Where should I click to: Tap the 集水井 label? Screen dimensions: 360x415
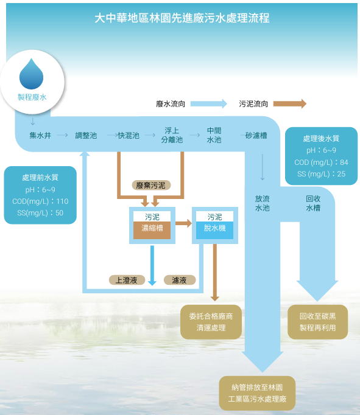40,136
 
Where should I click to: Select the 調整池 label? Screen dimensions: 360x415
86,136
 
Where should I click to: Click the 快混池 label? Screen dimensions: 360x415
129,136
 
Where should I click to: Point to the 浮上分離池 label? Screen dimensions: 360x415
172,135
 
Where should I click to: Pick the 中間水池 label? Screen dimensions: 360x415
214,135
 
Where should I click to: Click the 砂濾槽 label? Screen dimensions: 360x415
256,136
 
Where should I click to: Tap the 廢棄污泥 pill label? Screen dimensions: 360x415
151,185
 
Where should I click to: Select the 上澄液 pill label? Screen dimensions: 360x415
127,280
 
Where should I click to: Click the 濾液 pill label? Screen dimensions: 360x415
180,280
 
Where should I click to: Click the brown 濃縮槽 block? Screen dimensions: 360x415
152,230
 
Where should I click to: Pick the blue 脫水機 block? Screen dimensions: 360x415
214,230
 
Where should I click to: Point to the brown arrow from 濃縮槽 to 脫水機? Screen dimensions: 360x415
183,223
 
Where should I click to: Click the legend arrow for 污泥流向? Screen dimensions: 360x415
290,103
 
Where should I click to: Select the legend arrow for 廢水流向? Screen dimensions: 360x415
209,103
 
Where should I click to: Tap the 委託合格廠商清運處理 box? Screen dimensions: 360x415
211,322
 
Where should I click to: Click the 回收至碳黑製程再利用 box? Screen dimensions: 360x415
317,322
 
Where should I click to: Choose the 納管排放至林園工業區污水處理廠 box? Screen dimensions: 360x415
257,393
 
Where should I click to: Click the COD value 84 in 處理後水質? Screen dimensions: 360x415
344,162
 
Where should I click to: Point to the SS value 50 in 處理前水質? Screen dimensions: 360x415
59,213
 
